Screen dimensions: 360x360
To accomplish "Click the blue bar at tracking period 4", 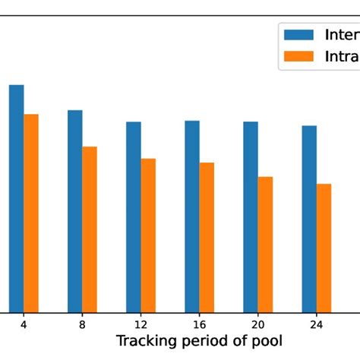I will [16, 197].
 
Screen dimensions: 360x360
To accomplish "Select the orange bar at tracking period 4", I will [31, 213].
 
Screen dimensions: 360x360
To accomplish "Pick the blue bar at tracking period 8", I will [74, 210].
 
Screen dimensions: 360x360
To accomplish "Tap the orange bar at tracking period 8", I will [90, 229].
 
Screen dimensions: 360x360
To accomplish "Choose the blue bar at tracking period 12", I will [134, 216].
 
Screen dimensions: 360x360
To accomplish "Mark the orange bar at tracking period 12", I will [148, 235].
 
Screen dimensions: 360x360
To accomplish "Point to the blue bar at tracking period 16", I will [192, 216].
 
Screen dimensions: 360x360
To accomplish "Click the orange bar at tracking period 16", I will [207, 237].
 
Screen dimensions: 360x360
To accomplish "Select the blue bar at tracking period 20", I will [251, 216].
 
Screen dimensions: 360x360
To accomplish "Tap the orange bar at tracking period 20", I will [265, 244].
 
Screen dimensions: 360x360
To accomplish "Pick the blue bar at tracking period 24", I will [309, 218].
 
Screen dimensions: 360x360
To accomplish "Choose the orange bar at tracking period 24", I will [324, 248].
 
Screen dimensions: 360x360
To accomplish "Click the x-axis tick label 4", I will [24, 324].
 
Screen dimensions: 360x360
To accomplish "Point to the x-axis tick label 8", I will [82, 324].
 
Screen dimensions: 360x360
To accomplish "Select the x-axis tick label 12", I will [141, 324].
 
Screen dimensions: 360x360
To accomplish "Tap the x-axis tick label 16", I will [199, 324].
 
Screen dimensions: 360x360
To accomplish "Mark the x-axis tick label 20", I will [257, 324].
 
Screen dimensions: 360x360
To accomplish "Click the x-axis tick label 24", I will [316, 324].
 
